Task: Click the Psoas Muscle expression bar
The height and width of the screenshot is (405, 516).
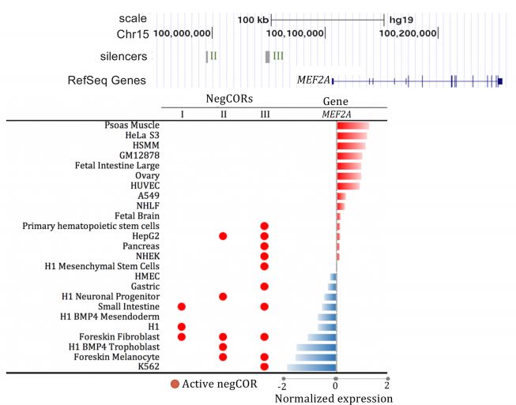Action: pyautogui.click(x=352, y=126)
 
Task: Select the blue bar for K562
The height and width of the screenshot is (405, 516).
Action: pyautogui.click(x=312, y=367)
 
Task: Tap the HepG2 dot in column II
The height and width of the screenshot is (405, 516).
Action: pyautogui.click(x=223, y=236)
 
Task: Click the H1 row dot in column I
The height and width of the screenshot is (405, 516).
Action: pyautogui.click(x=182, y=326)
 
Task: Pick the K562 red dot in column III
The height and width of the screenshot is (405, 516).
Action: pyautogui.click(x=264, y=366)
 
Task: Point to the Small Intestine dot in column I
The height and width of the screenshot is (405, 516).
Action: pyautogui.click(x=182, y=306)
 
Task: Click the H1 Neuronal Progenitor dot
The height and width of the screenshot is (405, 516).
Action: pyautogui.click(x=223, y=296)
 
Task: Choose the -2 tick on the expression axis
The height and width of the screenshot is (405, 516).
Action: pyautogui.click(x=282, y=388)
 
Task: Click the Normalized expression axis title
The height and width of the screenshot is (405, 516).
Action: pyautogui.click(x=333, y=399)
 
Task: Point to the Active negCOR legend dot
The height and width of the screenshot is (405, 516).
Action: pyautogui.click(x=175, y=385)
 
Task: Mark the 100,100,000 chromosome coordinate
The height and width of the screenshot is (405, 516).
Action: pyautogui.click(x=296, y=34)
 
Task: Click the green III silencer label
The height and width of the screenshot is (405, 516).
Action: pyautogui.click(x=277, y=57)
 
